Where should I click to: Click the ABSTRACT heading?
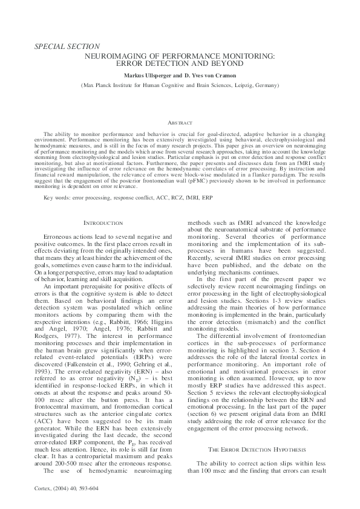click(179, 122)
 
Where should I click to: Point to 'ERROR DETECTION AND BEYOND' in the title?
click(179, 63)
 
